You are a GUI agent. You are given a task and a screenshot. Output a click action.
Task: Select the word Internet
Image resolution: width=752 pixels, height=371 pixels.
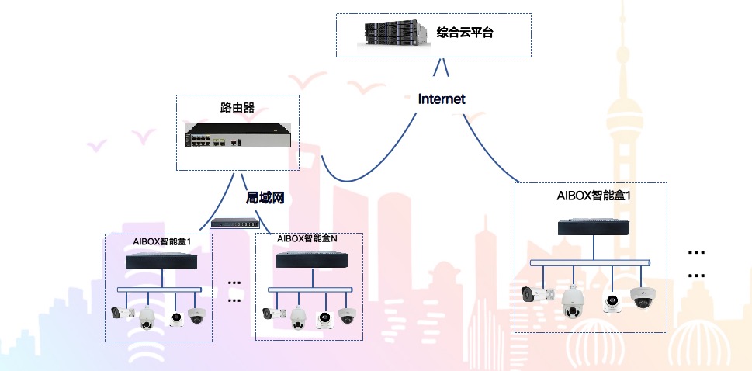[442, 99]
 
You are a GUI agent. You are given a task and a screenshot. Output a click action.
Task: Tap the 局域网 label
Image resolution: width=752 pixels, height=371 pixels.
[265, 197]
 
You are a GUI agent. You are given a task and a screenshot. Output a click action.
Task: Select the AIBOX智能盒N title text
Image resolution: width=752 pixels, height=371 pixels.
[307, 239]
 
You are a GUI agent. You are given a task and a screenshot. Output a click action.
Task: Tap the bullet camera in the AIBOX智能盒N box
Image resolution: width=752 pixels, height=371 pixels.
[273, 314]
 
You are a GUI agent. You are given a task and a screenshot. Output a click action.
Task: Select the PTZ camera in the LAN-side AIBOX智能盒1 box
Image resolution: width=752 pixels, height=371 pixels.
[147, 317]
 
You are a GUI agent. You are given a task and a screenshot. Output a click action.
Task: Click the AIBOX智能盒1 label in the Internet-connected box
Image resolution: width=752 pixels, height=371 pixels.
[594, 195]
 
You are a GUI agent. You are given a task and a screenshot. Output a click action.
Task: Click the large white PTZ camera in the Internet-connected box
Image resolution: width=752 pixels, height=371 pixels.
[572, 301]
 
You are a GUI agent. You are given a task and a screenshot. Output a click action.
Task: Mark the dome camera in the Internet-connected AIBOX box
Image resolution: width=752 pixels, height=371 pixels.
[643, 296]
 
